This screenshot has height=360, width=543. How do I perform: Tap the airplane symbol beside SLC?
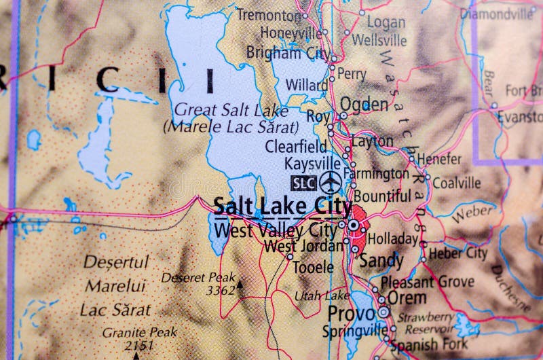click(330, 182)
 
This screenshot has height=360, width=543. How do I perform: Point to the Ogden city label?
click(364, 104)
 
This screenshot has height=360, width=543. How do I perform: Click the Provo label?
click(351, 314)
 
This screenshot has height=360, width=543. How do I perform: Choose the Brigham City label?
click(288, 52)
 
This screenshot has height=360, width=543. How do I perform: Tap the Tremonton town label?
click(269, 14)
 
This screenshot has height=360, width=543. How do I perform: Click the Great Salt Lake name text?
click(231, 111)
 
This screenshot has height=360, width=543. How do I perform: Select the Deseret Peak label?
click(198, 277)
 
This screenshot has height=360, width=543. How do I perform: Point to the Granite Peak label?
click(139, 332)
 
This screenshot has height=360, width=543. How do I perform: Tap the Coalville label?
click(456, 183)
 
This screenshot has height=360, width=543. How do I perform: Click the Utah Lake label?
click(322, 295)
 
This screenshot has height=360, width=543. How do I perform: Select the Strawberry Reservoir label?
click(426, 323)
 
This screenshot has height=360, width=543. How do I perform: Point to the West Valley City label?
click(276, 230)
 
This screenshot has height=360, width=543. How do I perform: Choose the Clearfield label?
click(295, 146)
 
